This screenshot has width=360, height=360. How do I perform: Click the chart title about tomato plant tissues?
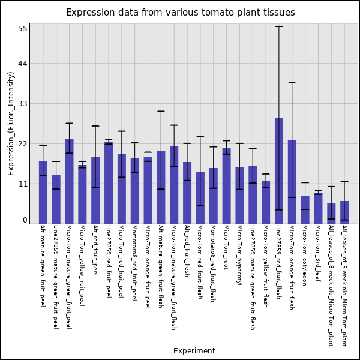180,13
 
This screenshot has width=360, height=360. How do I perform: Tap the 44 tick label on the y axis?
23,64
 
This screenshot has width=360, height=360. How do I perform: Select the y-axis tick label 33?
23,104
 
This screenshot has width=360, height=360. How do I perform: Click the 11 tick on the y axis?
23,184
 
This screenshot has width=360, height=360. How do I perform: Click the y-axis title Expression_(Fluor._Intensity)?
11,123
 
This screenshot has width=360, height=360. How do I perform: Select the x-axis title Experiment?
194,351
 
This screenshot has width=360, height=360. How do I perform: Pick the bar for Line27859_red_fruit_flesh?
279,171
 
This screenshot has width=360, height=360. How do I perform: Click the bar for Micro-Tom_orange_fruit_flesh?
292,182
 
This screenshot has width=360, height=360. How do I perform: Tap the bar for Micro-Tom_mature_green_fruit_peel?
69,181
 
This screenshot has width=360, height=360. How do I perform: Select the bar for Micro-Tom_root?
226,185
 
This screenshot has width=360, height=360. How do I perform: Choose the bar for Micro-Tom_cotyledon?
305,210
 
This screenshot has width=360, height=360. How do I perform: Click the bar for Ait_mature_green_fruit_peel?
43,192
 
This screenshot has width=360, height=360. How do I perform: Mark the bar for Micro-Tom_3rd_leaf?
318,208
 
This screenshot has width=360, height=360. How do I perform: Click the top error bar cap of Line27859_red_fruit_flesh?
279,26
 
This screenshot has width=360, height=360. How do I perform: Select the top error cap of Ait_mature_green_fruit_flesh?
161,111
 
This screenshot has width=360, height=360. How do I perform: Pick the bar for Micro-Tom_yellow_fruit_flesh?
266,202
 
